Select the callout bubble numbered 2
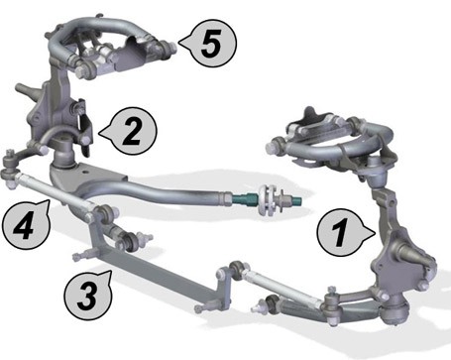coord(132,131)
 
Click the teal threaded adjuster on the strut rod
coord(245,199)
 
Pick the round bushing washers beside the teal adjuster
coord(269,200)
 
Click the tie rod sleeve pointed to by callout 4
coord(53,191)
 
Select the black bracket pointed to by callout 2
coord(85,127)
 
